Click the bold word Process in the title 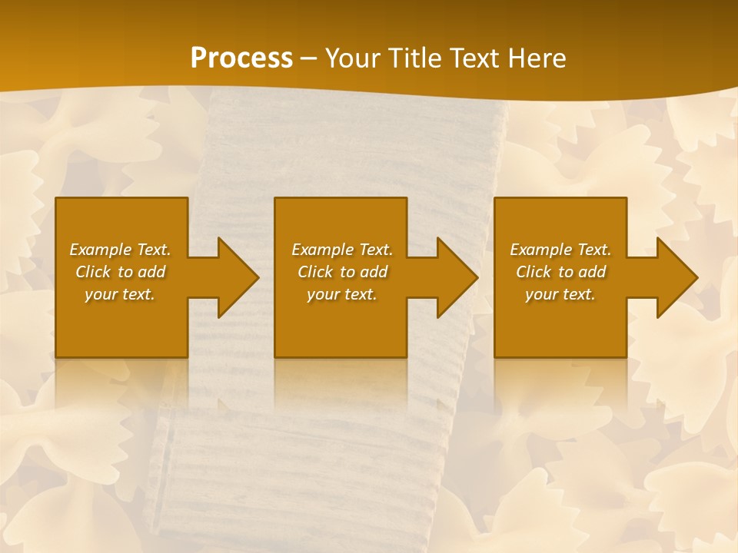tap(241, 58)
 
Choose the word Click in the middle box tap(316, 272)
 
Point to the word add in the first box tap(151, 272)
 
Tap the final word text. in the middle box tap(360, 294)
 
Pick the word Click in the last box tap(534, 272)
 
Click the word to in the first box tap(125, 272)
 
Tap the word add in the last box tap(592, 272)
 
